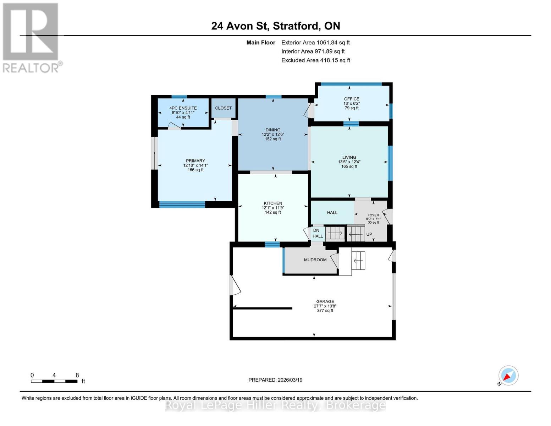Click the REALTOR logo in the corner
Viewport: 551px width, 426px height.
pos(31,38)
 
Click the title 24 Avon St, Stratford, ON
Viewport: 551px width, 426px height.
pos(275,26)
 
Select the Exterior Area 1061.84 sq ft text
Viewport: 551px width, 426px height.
pos(315,43)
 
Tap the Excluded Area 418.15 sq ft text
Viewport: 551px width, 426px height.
pos(315,60)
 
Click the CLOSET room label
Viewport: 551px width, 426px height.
pos(223,108)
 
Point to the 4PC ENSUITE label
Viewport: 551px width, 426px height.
pos(183,108)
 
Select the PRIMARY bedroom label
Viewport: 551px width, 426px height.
pos(195,161)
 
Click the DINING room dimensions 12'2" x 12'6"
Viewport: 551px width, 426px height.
pos(273,135)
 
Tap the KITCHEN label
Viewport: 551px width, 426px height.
pos(273,203)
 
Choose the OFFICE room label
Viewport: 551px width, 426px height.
pos(351,99)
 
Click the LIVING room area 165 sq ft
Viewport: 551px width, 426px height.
pos(349,166)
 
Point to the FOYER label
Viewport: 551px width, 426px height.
pos(373,215)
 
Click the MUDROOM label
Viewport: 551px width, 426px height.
pos(315,260)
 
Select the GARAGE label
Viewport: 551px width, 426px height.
pos(325,301)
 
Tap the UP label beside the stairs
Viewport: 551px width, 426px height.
pos(369,234)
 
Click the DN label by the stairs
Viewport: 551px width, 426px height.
pos(316,230)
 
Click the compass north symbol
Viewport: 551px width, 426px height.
pos(508,376)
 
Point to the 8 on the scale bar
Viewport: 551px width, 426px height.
pos(77,375)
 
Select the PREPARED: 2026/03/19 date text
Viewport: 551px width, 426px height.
pos(275,380)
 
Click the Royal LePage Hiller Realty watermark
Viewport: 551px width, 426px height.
pos(275,405)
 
